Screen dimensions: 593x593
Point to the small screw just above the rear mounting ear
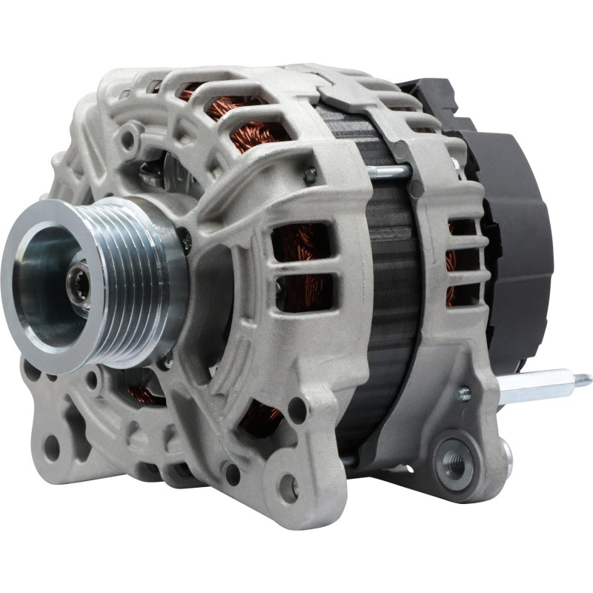point(464,394)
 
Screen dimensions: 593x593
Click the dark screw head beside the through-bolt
point(309,175)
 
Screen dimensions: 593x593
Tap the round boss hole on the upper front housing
point(131,138)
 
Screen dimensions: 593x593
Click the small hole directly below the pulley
point(93,380)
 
